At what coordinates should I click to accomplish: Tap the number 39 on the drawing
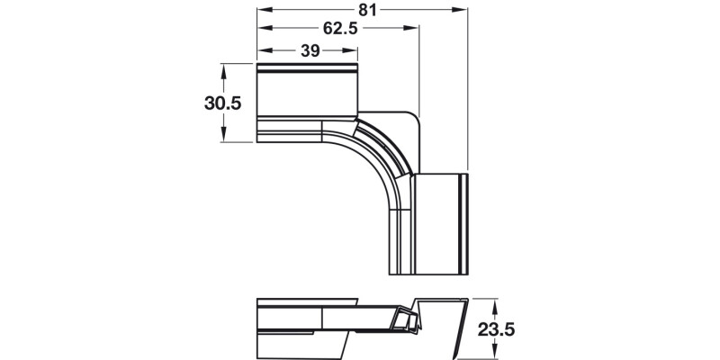pos(310,51)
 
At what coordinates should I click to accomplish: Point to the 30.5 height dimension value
pos(222,103)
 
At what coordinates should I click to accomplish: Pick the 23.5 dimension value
pos(496,330)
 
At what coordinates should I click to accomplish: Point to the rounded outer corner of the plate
pos(412,120)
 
